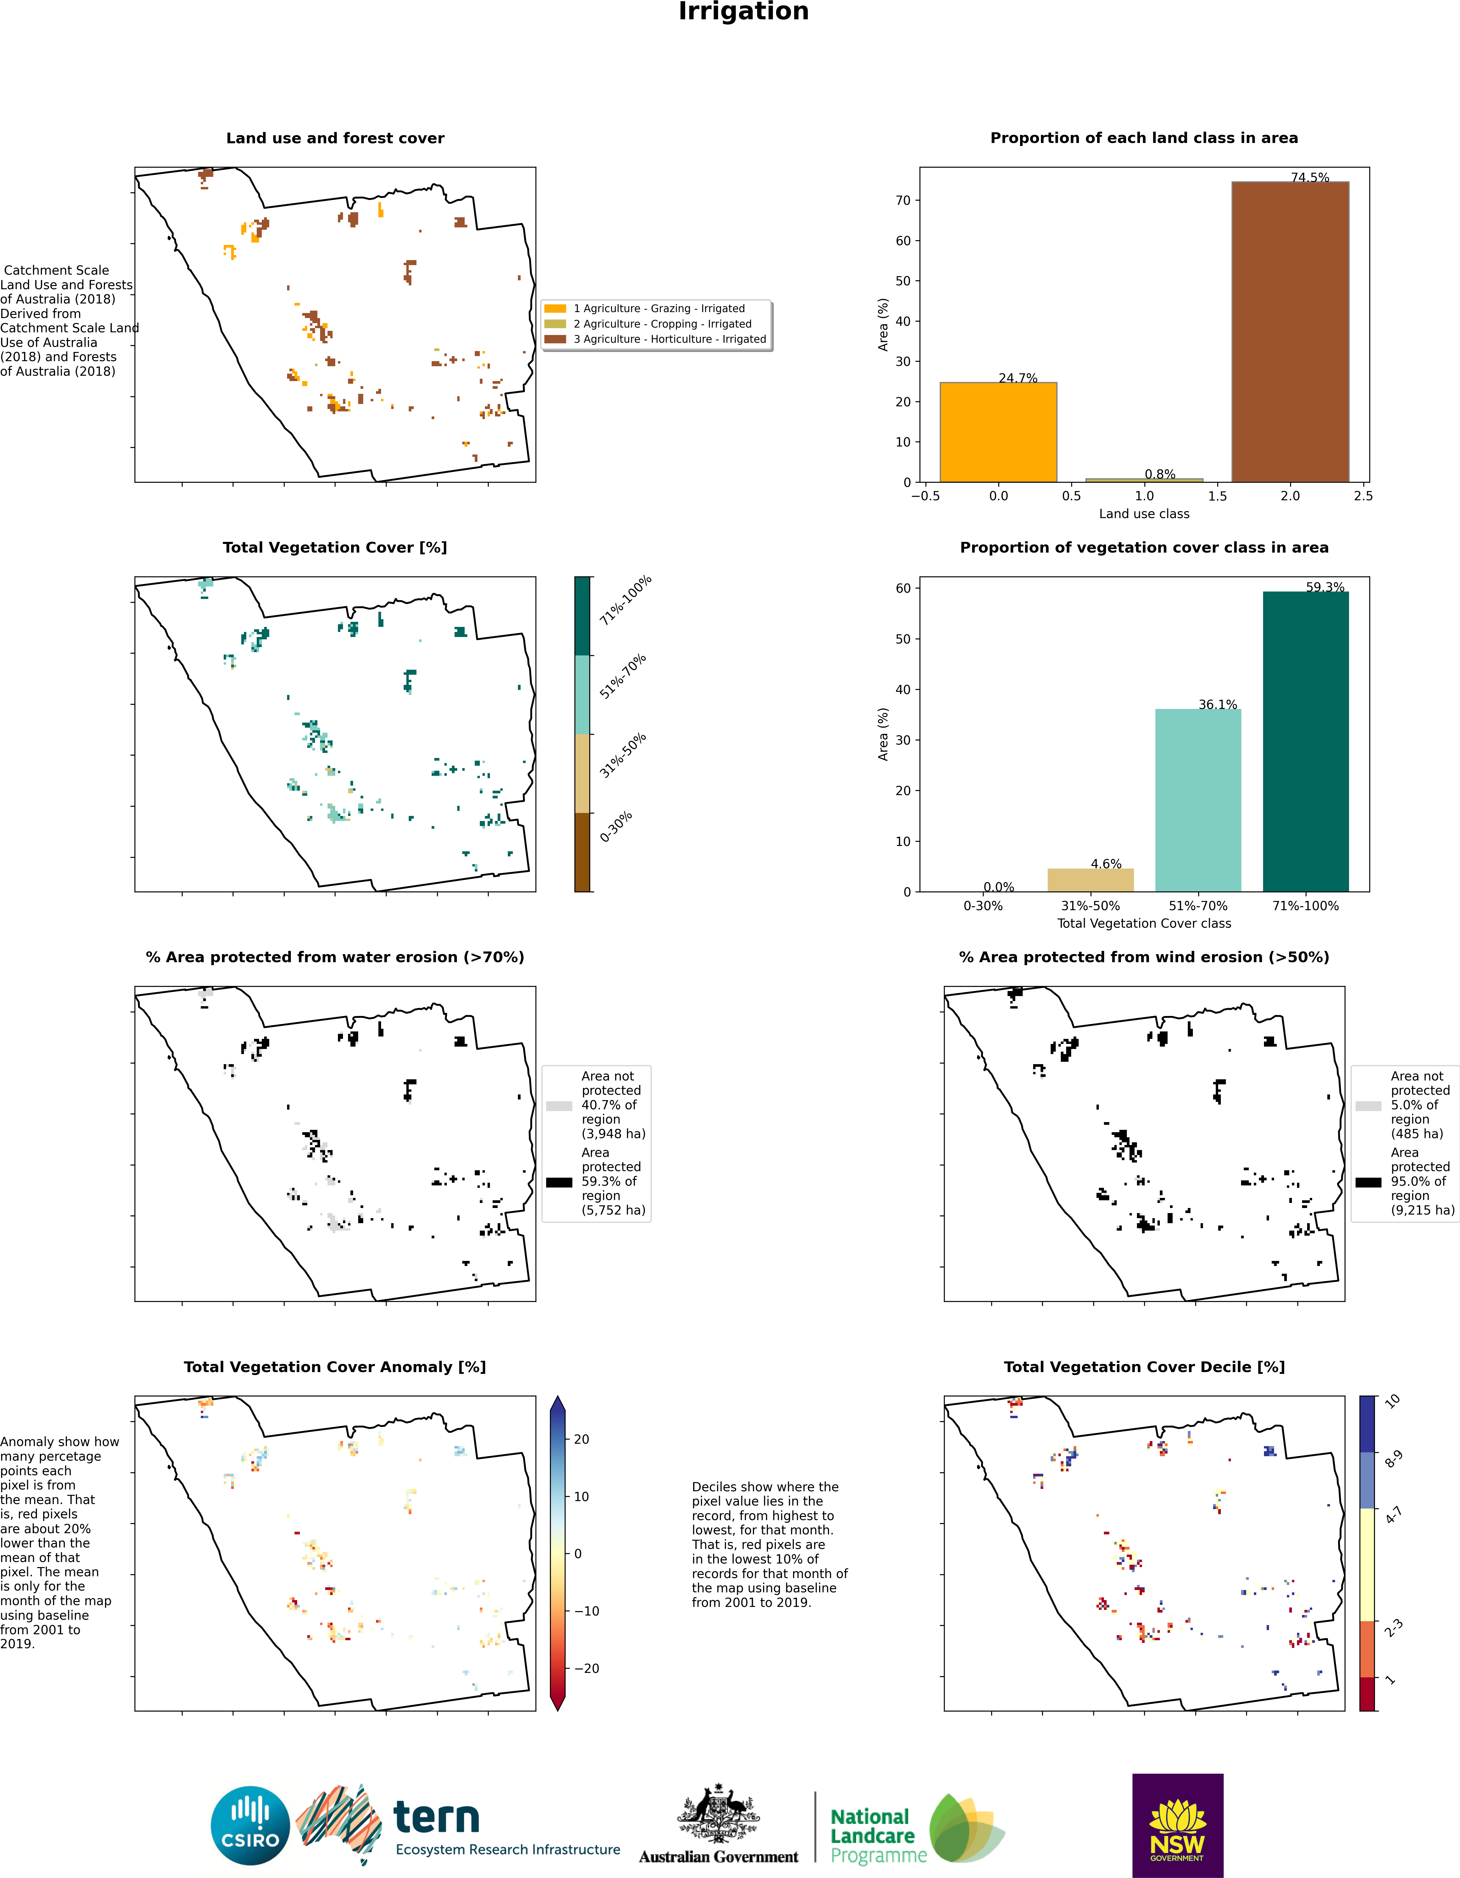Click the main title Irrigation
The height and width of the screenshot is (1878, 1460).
point(743,12)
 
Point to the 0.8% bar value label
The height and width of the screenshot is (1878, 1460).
point(1160,474)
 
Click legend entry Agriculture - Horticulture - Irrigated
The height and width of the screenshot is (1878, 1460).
point(669,339)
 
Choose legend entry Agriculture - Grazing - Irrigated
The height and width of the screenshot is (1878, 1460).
point(659,308)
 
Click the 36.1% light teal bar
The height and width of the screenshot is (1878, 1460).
point(1198,800)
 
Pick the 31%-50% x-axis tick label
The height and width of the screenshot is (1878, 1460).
point(1090,905)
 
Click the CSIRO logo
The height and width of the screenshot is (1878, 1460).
point(250,1825)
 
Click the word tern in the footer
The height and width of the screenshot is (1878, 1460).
point(436,1818)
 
